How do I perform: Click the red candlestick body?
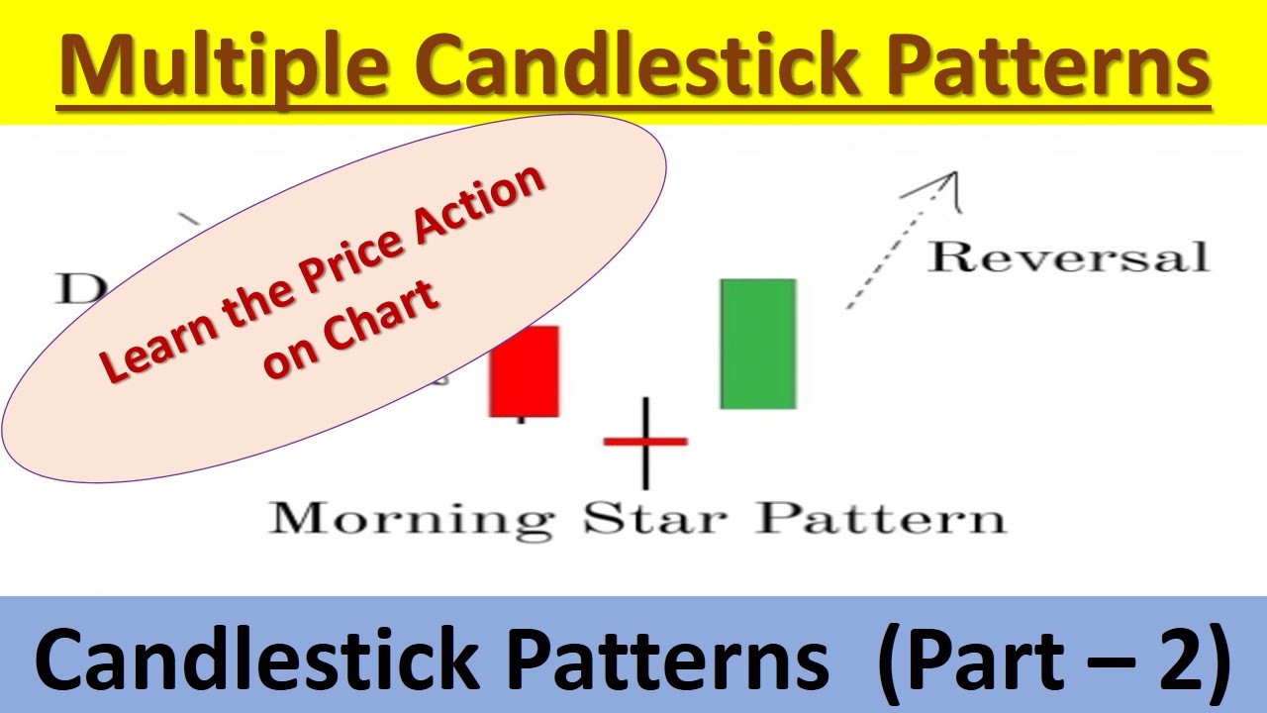(524, 371)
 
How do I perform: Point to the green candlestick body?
(758, 344)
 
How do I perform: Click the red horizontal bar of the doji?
(645, 441)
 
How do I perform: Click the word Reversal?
(1068, 257)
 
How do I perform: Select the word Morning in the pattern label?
(411, 519)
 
